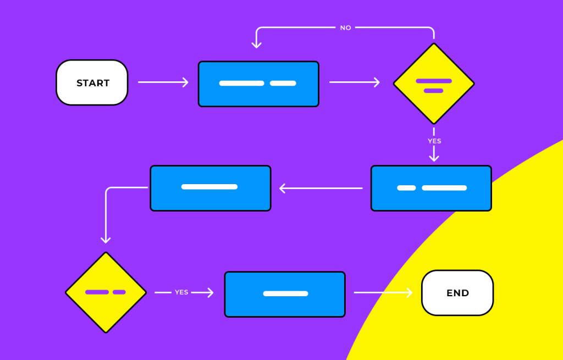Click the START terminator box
tap(92, 82)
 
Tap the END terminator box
tap(457, 293)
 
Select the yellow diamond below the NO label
tap(434, 84)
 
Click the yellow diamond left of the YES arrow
tap(106, 292)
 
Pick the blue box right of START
tap(258, 84)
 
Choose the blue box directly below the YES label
tap(431, 188)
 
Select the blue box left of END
tap(285, 294)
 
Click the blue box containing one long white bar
tap(210, 188)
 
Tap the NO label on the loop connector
tap(345, 28)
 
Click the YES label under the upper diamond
tap(434, 141)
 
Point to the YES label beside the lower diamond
tap(181, 292)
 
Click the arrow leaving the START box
tap(163, 82)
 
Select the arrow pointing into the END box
tap(383, 293)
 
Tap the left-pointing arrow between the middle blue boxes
tap(321, 189)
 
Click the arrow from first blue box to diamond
tap(355, 82)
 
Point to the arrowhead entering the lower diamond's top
tap(106, 240)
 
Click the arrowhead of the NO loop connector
tap(256, 45)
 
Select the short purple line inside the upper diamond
tap(434, 91)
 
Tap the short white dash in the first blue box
tap(283, 84)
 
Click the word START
tap(93, 83)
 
